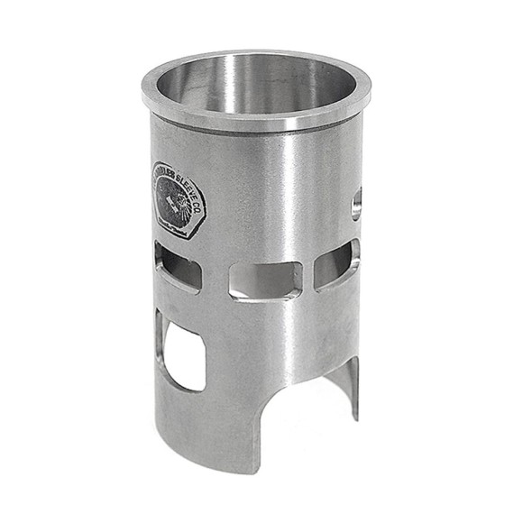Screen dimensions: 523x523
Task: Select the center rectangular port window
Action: click(x=264, y=280)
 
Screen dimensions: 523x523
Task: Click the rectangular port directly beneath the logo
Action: click(x=178, y=268)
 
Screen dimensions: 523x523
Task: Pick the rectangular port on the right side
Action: click(x=337, y=265)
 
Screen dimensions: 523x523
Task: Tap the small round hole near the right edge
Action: click(x=356, y=203)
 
